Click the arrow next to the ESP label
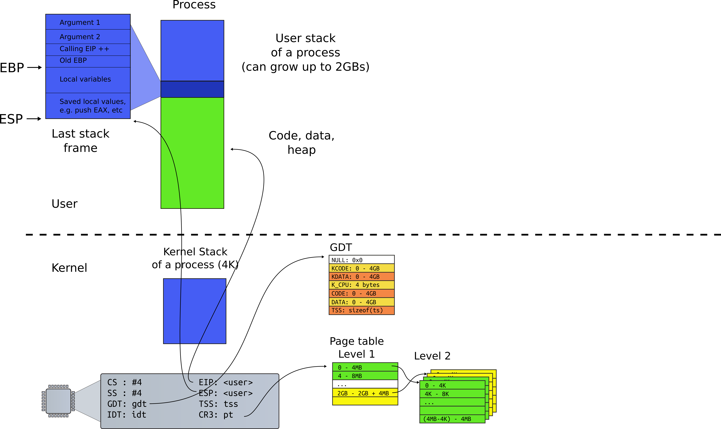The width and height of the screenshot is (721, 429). pos(34,118)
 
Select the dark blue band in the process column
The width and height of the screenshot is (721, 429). pos(192,89)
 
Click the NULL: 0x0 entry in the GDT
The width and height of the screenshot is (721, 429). pos(361,260)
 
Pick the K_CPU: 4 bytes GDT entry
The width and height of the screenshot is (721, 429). pos(361,285)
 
